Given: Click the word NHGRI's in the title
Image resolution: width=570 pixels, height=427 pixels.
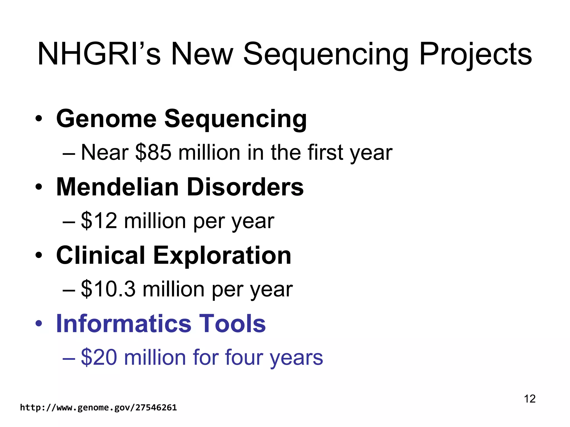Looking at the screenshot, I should click(x=99, y=54).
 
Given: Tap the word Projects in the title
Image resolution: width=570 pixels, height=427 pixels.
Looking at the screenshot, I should click(x=475, y=54).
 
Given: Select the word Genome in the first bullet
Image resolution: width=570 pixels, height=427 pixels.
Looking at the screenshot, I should click(x=107, y=119).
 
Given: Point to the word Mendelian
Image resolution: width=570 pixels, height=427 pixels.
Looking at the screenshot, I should click(x=117, y=187).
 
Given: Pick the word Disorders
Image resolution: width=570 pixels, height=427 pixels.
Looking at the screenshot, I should click(x=245, y=187).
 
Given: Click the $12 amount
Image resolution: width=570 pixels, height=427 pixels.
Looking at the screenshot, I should click(x=99, y=221).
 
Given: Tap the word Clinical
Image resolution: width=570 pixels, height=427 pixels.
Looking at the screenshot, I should click(x=100, y=255).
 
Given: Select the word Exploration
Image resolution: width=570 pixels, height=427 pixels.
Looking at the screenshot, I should click(x=222, y=255).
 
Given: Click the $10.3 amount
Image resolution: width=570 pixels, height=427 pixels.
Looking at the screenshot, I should click(x=108, y=289).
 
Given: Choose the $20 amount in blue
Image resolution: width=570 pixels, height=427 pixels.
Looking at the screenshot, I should click(x=99, y=357).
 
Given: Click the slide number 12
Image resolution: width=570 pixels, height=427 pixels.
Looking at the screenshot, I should click(x=530, y=399).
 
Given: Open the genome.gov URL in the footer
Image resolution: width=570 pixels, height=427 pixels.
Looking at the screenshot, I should click(x=98, y=408).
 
